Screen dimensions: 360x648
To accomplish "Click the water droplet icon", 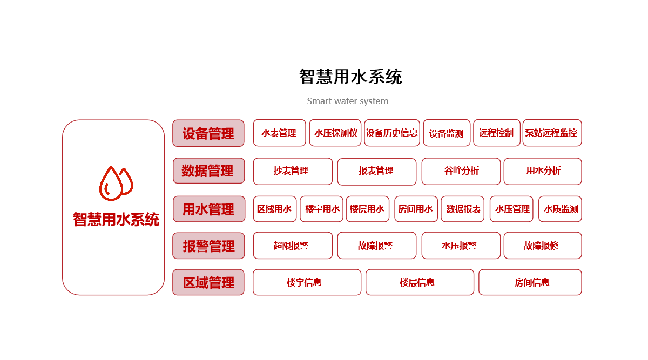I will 116,184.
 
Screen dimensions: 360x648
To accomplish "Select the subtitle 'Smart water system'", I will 347,101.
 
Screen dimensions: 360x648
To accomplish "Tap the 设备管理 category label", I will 208,133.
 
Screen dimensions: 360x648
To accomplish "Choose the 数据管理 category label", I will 208,171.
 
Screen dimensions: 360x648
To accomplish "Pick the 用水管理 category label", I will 208,209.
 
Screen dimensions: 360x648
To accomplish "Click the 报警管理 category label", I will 208,246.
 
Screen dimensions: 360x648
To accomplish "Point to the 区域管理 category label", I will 208,282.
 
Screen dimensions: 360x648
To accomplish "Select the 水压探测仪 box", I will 335,133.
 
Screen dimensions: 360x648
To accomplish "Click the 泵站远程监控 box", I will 552,133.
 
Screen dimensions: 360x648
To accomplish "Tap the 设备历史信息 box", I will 391,133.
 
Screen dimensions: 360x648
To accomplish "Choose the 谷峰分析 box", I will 461,171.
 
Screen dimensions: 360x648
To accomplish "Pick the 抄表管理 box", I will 292,171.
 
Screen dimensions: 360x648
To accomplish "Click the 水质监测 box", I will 560,209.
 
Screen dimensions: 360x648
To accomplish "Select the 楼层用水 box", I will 367,209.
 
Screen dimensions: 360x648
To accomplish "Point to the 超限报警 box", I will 292,246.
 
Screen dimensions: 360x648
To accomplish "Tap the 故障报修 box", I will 542,246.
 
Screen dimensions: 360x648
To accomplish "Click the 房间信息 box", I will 530,282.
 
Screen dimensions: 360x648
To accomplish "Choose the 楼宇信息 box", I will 307,282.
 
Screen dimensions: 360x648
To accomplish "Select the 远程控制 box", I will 496,133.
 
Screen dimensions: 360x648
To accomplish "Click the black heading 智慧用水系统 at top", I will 350,77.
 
